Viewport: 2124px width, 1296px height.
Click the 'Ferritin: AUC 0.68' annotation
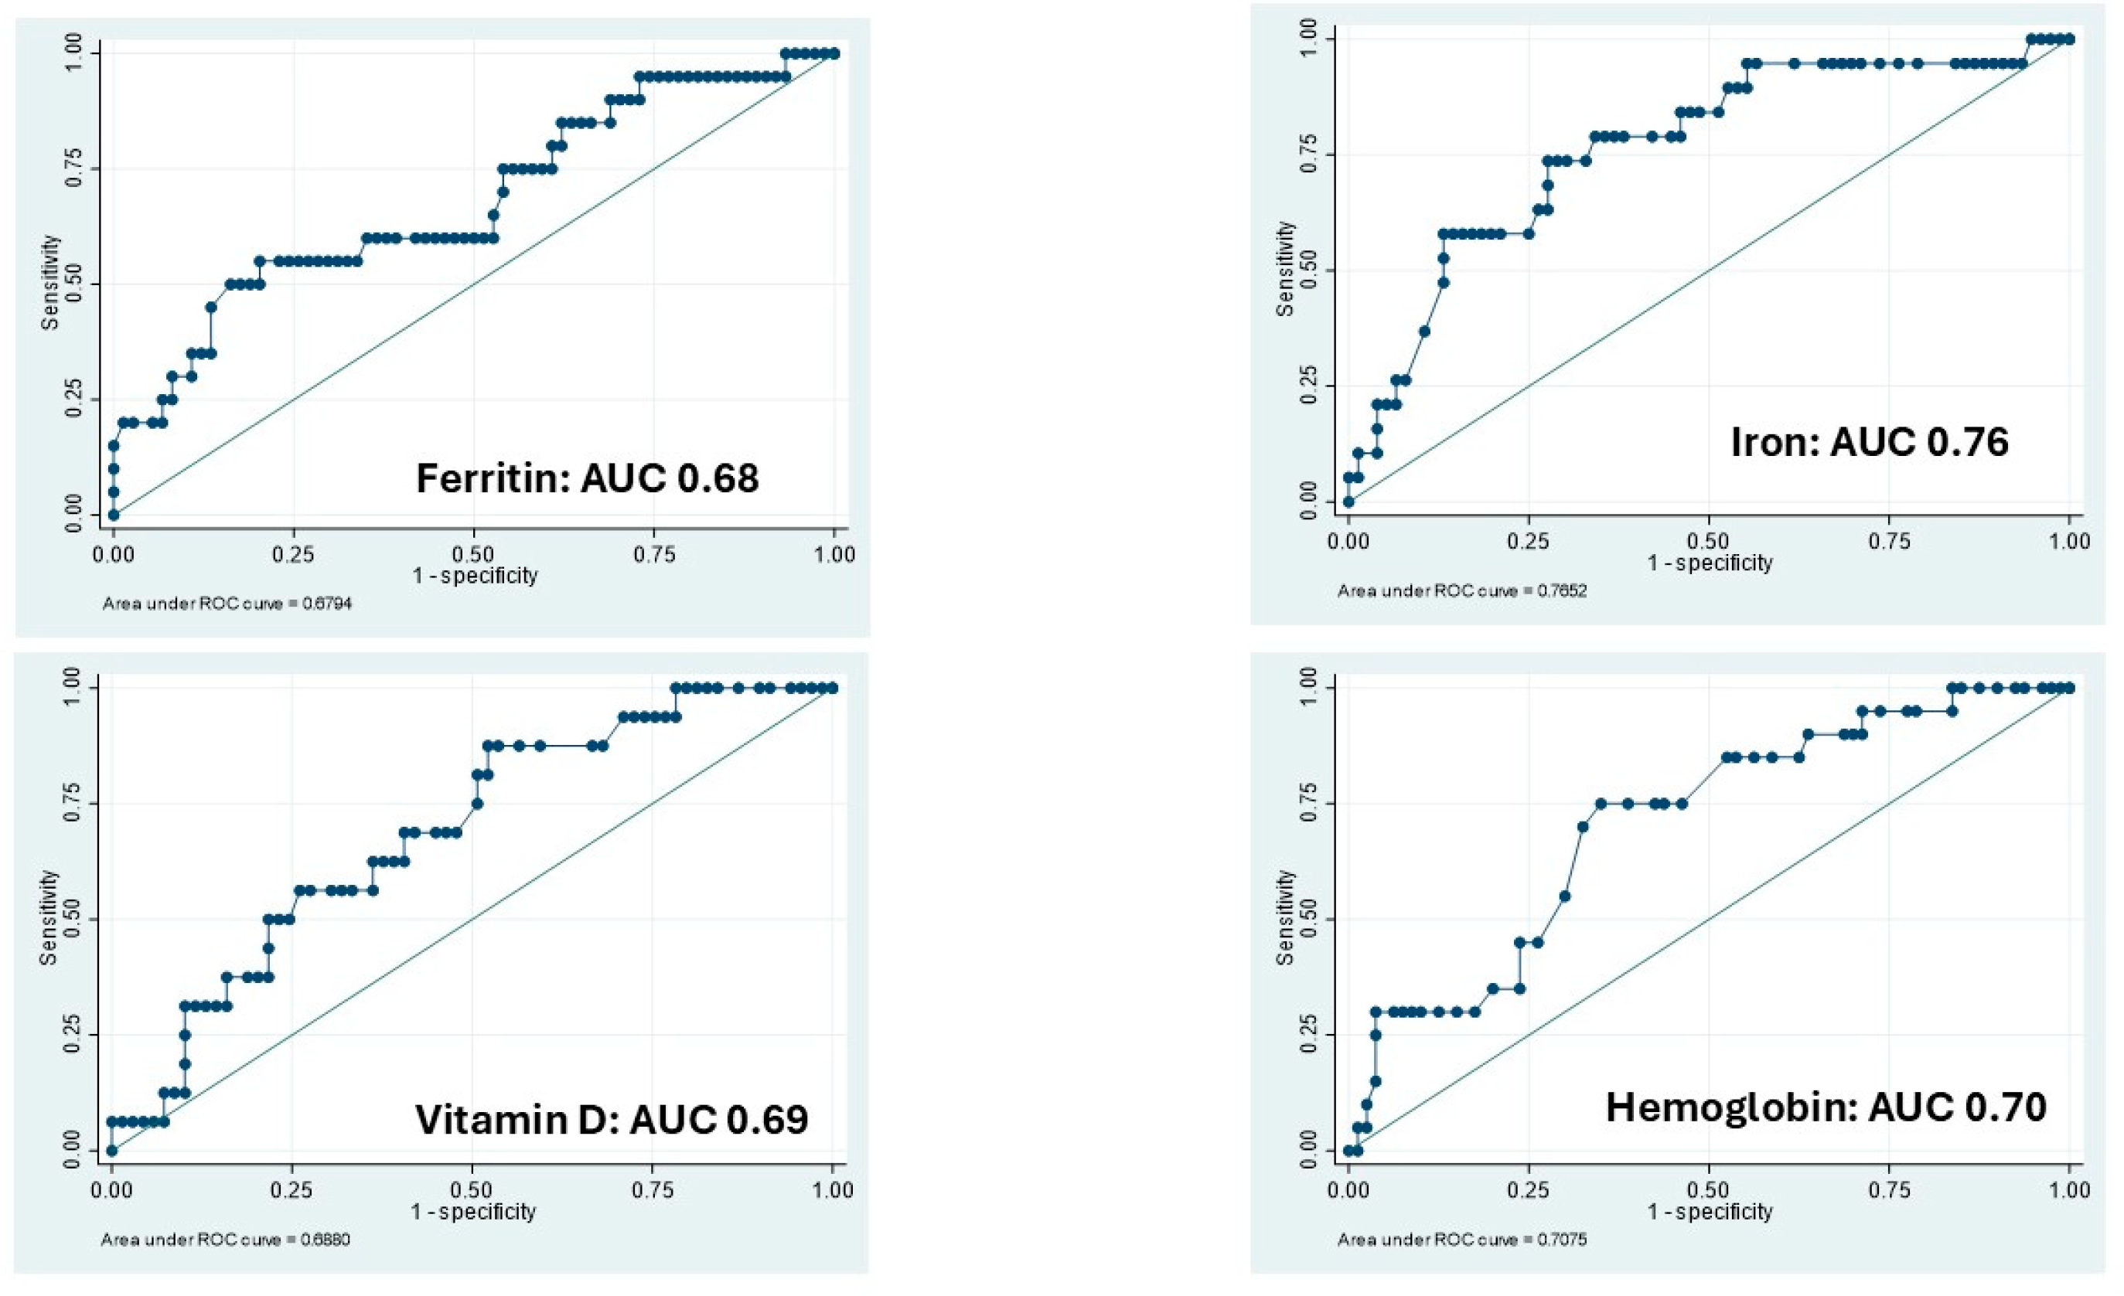(x=587, y=479)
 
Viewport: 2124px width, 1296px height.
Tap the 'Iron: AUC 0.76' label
(x=1869, y=442)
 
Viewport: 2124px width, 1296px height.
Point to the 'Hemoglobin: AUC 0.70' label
(x=1825, y=1107)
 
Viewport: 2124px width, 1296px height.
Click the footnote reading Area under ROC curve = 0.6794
(x=227, y=604)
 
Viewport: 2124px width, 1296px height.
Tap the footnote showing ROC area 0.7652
(x=1462, y=591)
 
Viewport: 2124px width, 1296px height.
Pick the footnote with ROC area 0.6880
(x=225, y=1240)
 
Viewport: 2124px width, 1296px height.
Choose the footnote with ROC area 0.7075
(x=1462, y=1240)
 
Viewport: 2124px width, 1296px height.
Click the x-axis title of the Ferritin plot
(x=475, y=576)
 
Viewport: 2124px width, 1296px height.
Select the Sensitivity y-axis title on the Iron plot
(x=1285, y=269)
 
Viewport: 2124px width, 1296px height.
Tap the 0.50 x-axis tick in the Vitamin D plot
(x=472, y=1190)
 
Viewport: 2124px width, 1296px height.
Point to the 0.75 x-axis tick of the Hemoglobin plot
(x=1889, y=1190)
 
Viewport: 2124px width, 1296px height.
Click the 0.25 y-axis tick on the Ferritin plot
(x=75, y=400)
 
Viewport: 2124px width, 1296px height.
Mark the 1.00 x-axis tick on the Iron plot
(x=2069, y=541)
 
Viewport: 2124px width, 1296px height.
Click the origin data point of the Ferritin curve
(x=113, y=515)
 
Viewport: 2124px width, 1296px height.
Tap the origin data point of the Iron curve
(x=1349, y=502)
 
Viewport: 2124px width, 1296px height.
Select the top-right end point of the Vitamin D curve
(x=833, y=688)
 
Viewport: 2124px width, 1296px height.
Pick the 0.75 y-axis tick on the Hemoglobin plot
(x=1309, y=803)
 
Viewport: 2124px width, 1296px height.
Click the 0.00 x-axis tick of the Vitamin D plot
(x=112, y=1190)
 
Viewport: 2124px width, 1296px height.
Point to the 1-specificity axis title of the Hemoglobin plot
(x=1710, y=1212)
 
